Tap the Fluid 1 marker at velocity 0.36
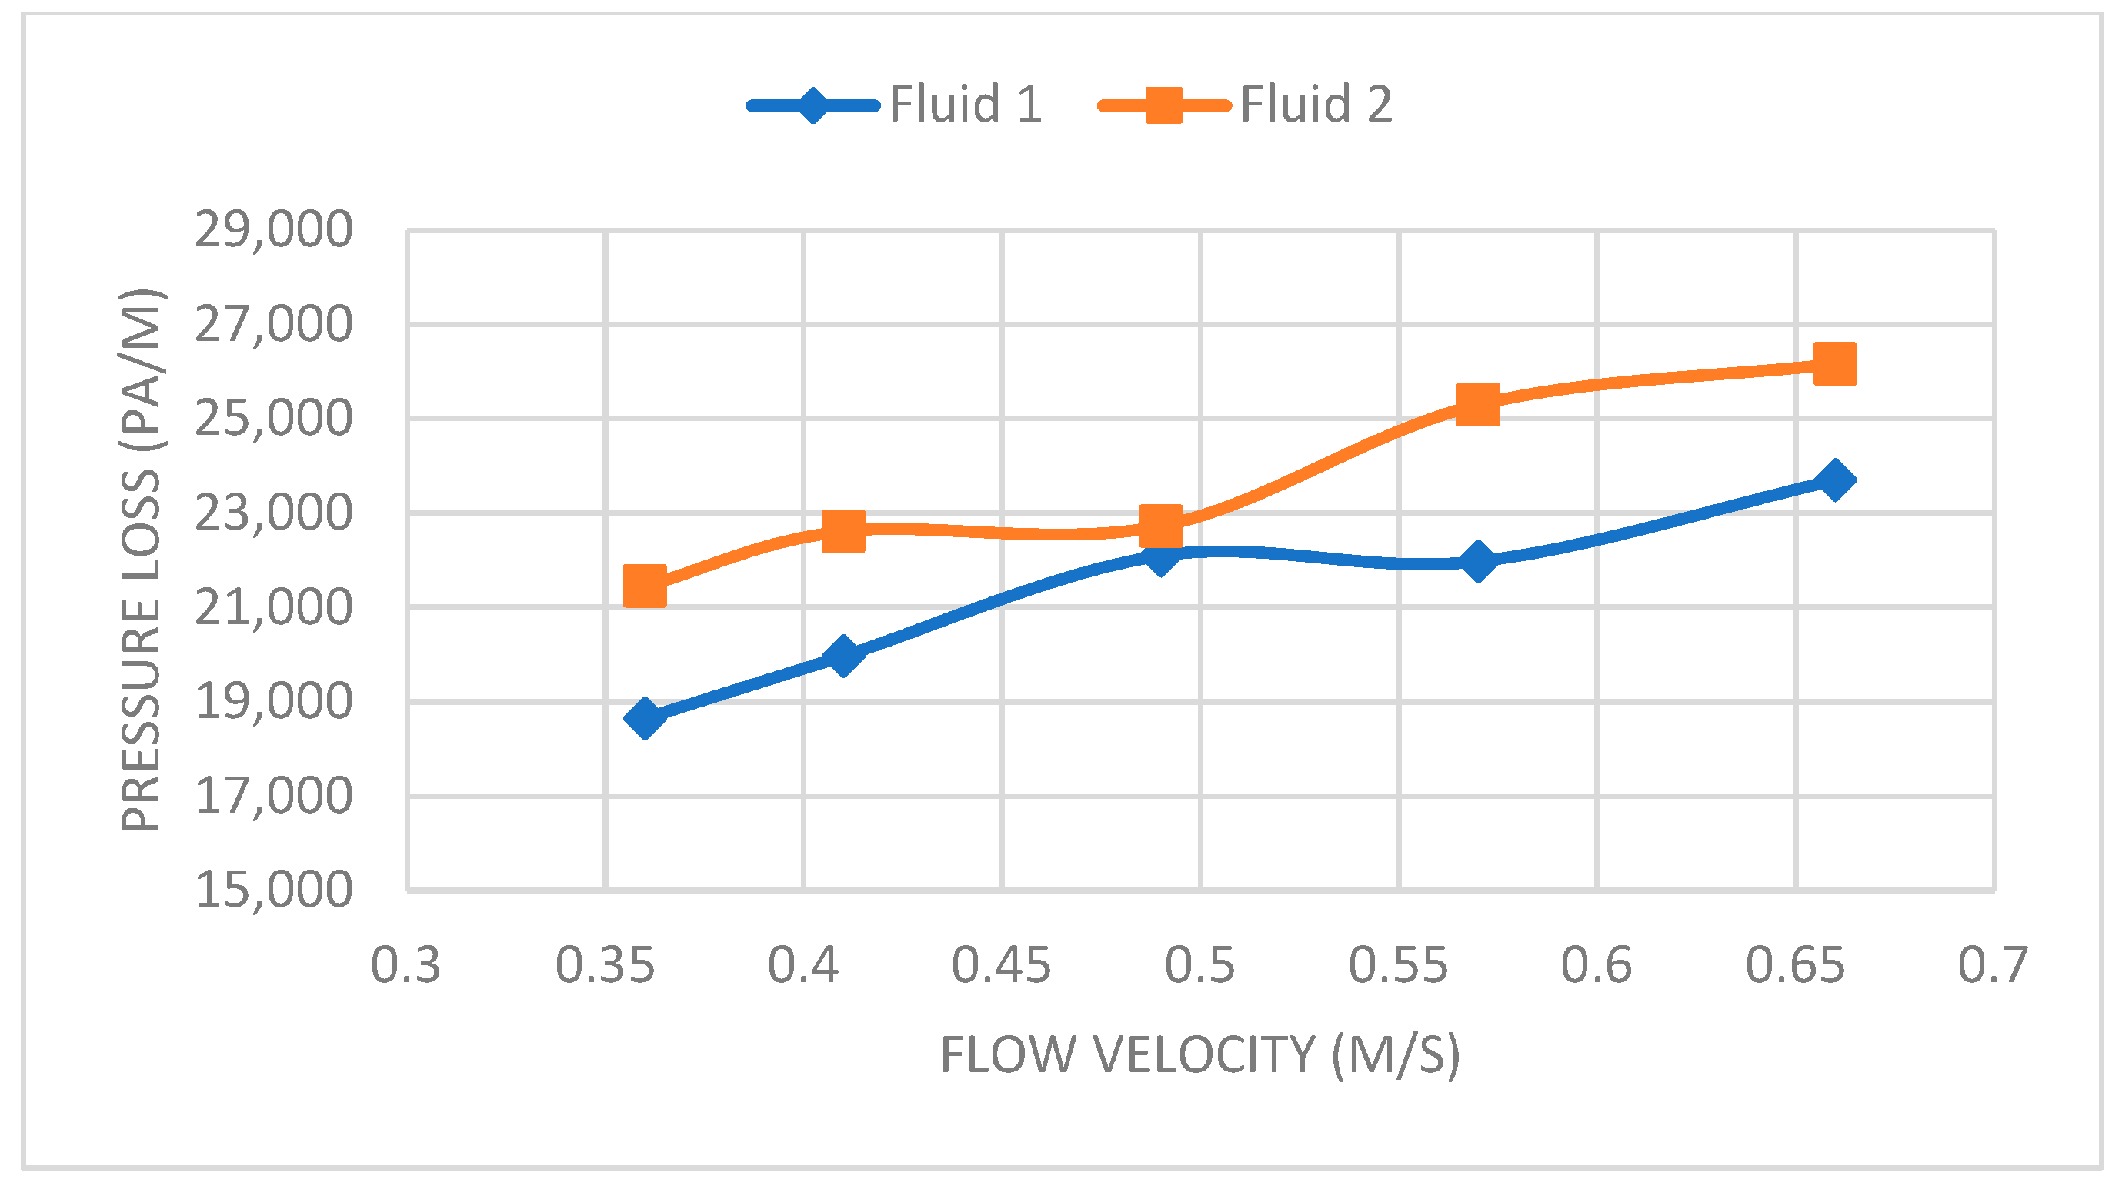[x=645, y=717]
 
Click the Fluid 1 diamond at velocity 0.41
[x=842, y=655]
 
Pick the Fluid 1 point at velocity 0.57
[x=1478, y=562]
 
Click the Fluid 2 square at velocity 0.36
[x=645, y=586]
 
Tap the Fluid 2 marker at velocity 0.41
[x=843, y=530]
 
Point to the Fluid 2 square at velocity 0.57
[x=1478, y=405]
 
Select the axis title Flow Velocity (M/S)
[x=1200, y=1055]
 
